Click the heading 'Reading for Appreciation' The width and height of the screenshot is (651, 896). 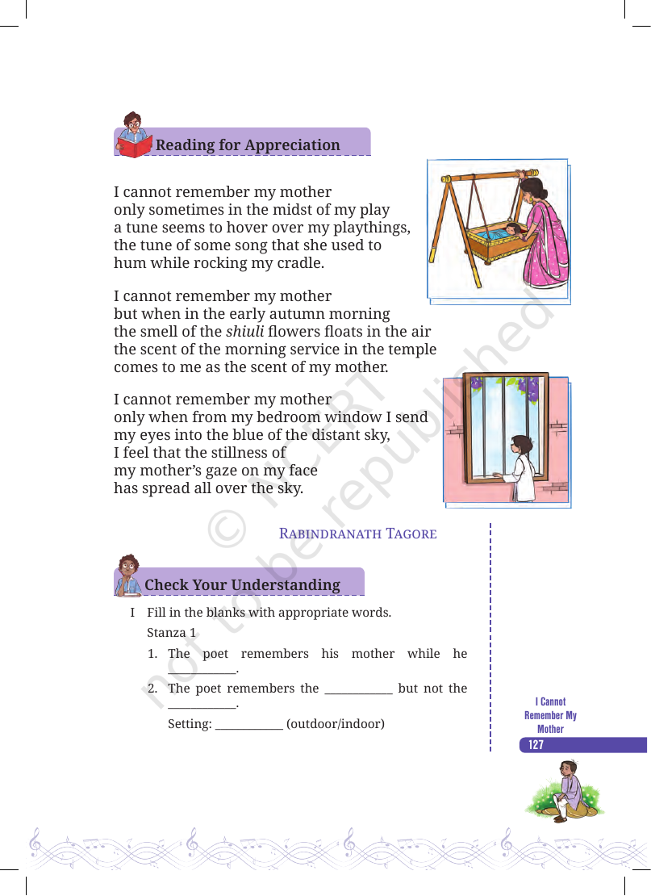248,145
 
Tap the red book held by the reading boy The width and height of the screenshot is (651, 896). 135,146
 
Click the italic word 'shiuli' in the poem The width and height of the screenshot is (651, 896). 245,332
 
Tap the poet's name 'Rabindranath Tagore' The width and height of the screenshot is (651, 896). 357,534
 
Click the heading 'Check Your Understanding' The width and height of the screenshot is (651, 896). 242,585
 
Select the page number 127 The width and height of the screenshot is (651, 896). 536,744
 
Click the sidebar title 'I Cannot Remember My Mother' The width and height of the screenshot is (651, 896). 550,715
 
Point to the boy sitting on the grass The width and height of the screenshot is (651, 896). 565,790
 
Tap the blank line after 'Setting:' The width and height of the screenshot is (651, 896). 249,729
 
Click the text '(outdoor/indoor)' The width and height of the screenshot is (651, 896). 336,724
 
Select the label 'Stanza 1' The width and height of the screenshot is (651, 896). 171,633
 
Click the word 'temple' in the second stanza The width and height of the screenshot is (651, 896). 411,350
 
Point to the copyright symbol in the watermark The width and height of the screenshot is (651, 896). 227,530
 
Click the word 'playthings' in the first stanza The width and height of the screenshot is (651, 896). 370,228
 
